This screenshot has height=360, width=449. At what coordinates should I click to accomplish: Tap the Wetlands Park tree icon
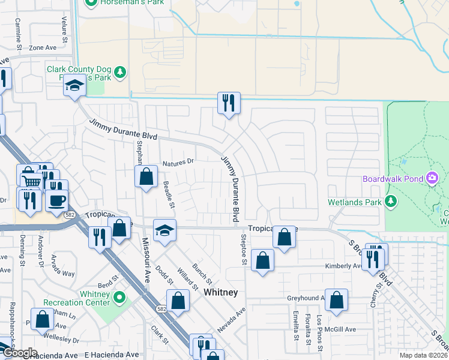tap(391, 201)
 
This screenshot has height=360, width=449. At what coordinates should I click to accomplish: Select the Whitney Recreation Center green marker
tap(120, 296)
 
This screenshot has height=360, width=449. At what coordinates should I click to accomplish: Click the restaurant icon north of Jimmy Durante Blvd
tap(229, 103)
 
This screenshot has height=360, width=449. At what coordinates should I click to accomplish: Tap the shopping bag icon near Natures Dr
tap(146, 176)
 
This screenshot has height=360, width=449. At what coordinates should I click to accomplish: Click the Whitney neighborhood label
tap(221, 292)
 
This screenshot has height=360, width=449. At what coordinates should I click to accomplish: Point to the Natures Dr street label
tap(178, 161)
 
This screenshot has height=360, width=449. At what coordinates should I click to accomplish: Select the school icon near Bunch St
tap(164, 230)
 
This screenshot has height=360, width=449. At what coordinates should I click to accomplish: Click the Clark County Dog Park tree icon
tap(121, 73)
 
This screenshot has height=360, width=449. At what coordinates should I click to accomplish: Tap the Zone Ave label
tap(43, 47)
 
